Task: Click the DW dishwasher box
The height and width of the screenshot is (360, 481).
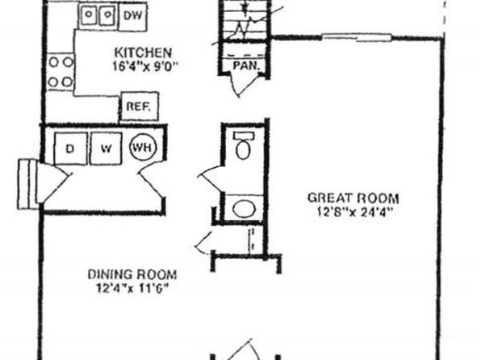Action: pyautogui.click(x=132, y=17)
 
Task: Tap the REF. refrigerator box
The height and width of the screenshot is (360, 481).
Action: pyautogui.click(x=140, y=107)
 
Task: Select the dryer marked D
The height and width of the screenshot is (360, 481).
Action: pyautogui.click(x=70, y=149)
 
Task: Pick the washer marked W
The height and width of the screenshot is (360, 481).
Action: pyautogui.click(x=107, y=149)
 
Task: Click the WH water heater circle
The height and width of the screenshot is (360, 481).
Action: pyautogui.click(x=143, y=148)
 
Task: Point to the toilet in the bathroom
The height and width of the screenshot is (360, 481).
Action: pyautogui.click(x=243, y=145)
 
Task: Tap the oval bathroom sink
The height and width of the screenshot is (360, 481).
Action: pyautogui.click(x=245, y=209)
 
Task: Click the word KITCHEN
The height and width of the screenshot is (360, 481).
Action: pyautogui.click(x=143, y=52)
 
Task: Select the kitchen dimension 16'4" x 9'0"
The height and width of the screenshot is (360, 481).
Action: pyautogui.click(x=145, y=66)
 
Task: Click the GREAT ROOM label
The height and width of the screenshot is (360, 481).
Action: pyautogui.click(x=353, y=198)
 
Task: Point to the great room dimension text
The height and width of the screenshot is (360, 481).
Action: pyautogui.click(x=355, y=212)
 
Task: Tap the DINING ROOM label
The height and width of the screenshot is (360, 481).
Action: pyautogui.click(x=132, y=274)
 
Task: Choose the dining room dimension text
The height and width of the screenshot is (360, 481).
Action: pyautogui.click(x=133, y=288)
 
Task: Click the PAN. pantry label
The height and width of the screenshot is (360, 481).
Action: pyautogui.click(x=246, y=65)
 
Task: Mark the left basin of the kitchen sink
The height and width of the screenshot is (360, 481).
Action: pyautogui.click(x=89, y=15)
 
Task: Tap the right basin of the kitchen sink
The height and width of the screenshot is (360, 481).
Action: pyautogui.click(x=107, y=15)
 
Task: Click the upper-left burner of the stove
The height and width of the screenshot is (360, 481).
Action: pyautogui.click(x=54, y=62)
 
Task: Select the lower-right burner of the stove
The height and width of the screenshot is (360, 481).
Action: pyautogui.click(x=68, y=82)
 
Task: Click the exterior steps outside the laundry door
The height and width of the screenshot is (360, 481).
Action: pyautogui.click(x=28, y=184)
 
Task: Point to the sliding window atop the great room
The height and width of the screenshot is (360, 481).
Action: pyautogui.click(x=357, y=38)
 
